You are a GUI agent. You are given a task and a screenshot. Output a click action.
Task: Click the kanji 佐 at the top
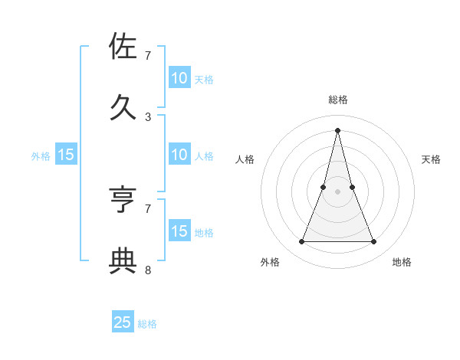[123, 48]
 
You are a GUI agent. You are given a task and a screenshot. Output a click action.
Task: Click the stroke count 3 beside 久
[148, 117]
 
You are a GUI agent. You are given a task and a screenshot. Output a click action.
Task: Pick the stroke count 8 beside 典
[148, 270]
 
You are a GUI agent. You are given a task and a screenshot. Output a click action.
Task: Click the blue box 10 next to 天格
[179, 78]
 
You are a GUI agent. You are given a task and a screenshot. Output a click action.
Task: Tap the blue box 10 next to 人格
[179, 155]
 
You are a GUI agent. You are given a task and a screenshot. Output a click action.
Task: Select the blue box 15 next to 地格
[179, 231]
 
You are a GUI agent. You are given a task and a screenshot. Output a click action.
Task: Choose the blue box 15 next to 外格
[66, 155]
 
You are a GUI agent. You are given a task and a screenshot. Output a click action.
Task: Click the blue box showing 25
[123, 322]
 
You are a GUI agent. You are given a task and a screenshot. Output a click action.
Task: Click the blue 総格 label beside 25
[147, 324]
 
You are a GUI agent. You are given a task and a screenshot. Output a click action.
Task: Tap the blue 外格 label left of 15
[41, 156]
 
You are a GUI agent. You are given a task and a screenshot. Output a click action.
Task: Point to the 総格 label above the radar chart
[337, 100]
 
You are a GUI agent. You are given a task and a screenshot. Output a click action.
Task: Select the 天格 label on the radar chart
[431, 159]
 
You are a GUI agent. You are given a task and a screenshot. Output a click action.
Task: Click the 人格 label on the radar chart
[245, 159]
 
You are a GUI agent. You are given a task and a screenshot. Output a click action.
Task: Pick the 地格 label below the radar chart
[402, 262]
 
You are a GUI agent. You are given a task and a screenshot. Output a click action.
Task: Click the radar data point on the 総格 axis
[337, 129]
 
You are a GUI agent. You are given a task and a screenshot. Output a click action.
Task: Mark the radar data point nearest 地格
[374, 242]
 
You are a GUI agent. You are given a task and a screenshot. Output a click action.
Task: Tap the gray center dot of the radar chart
[337, 191]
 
